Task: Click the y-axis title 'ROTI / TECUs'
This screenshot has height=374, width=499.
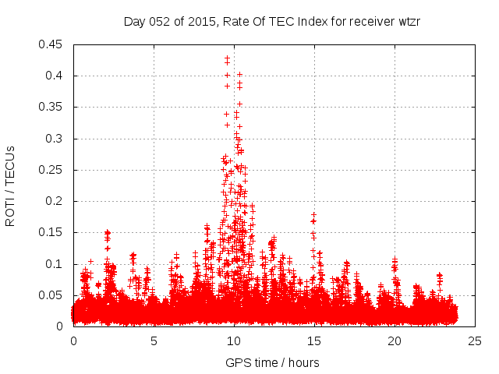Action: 10,185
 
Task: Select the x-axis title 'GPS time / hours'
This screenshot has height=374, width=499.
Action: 272,362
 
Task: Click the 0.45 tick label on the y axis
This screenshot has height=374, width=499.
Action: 51,44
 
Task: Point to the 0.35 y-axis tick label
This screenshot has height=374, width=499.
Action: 51,107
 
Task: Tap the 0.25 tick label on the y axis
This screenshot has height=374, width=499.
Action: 51,170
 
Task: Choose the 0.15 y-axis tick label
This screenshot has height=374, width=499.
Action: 51,232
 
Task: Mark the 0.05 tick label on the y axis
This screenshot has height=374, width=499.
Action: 51,295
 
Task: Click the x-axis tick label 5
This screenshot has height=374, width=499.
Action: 154,340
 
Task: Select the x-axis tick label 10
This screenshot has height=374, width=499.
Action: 234,340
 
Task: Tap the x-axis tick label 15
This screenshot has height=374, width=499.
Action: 314,340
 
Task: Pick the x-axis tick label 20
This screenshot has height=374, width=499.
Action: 395,340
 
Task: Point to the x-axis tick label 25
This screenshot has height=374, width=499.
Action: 475,340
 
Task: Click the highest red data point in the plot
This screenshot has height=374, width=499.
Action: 227,58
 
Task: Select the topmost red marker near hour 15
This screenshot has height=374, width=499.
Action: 313,214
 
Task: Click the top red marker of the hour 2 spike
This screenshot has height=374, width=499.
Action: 108,232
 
